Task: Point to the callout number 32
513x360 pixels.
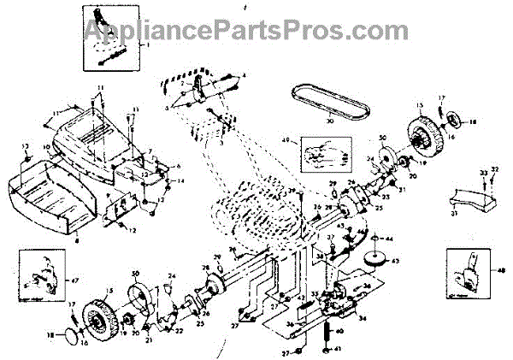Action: pyautogui.click(x=495, y=169)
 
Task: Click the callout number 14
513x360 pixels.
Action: pyautogui.click(x=180, y=181)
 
